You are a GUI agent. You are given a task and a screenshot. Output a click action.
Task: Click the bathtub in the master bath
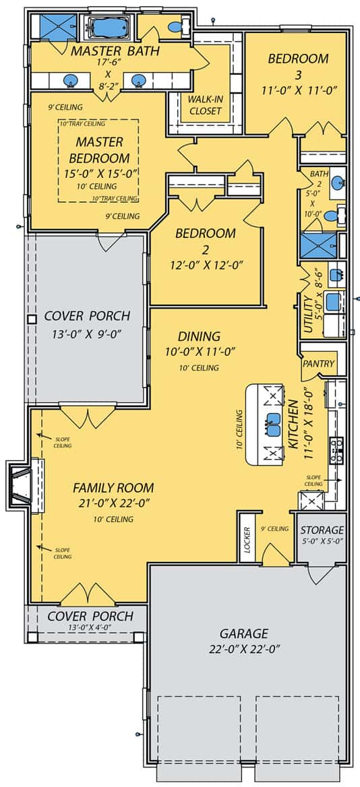pyautogui.click(x=109, y=28)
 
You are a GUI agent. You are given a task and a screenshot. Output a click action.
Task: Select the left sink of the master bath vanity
pyautogui.click(x=69, y=82)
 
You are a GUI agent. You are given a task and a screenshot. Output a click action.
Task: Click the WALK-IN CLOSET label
pyautogui.click(x=205, y=105)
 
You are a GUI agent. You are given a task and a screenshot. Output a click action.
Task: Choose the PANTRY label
pyautogui.click(x=318, y=364)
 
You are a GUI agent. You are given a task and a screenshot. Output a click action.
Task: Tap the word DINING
pyautogui.click(x=199, y=336)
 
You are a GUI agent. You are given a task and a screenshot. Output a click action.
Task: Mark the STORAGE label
pyautogui.click(x=322, y=530)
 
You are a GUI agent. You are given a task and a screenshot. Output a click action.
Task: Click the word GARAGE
pyautogui.click(x=243, y=633)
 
